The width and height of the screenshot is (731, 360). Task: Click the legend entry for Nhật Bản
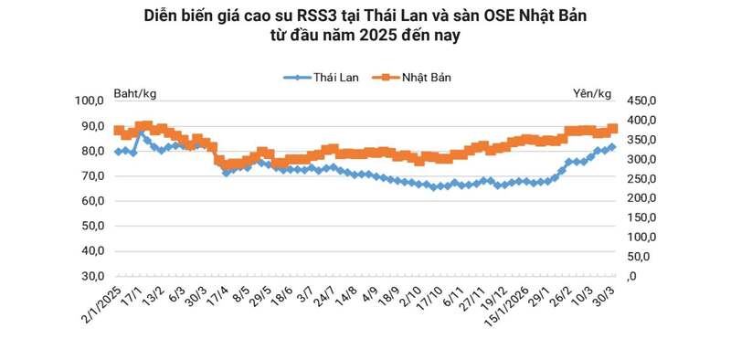tap(410, 78)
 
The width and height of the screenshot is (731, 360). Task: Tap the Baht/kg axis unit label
tap(135, 93)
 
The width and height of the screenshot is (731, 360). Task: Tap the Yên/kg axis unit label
tap(593, 93)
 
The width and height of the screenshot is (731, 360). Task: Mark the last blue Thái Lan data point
tap(612, 146)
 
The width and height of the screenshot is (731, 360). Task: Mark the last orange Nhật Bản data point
tap(613, 129)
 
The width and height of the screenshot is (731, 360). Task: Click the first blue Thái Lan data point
tap(118, 152)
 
